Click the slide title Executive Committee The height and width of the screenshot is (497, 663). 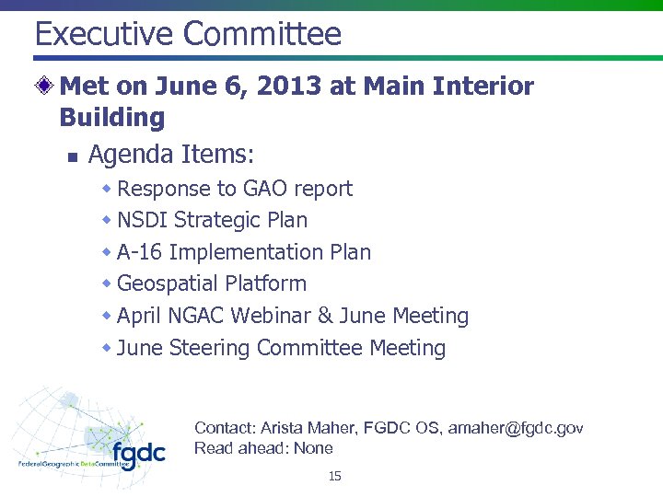[188, 34]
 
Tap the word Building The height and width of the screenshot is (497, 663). [111, 118]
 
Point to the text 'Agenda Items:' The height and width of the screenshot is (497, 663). [170, 154]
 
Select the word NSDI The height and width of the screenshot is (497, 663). [143, 221]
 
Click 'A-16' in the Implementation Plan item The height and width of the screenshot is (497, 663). [140, 252]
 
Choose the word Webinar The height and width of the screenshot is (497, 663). [271, 316]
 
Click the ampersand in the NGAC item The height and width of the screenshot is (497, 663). [324, 316]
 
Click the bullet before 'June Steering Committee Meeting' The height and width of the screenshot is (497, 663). [107, 348]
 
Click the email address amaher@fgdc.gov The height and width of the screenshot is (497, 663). [515, 428]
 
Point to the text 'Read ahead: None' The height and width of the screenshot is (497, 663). [263, 448]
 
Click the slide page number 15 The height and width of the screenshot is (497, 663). [334, 476]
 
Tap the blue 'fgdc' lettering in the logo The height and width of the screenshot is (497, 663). [138, 453]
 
